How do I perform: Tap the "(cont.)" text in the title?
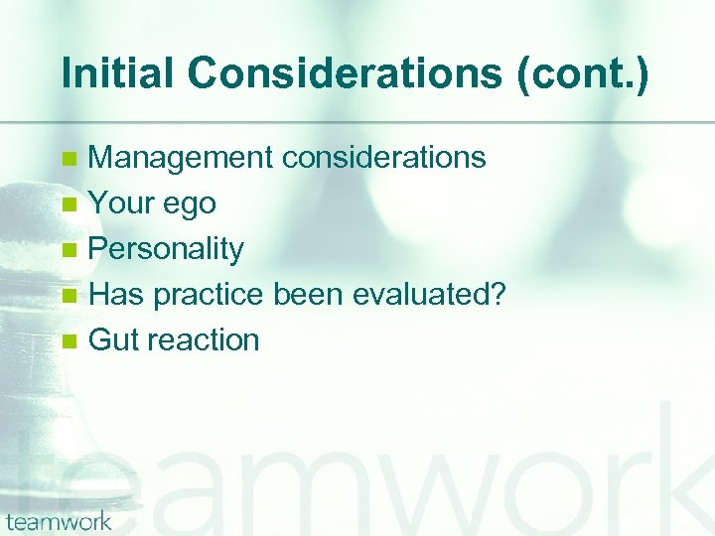(583, 75)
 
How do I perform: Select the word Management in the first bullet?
(182, 157)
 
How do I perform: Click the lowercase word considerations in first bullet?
(384, 157)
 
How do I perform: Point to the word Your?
(120, 202)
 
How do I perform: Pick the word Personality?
(166, 249)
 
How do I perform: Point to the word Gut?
(113, 339)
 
